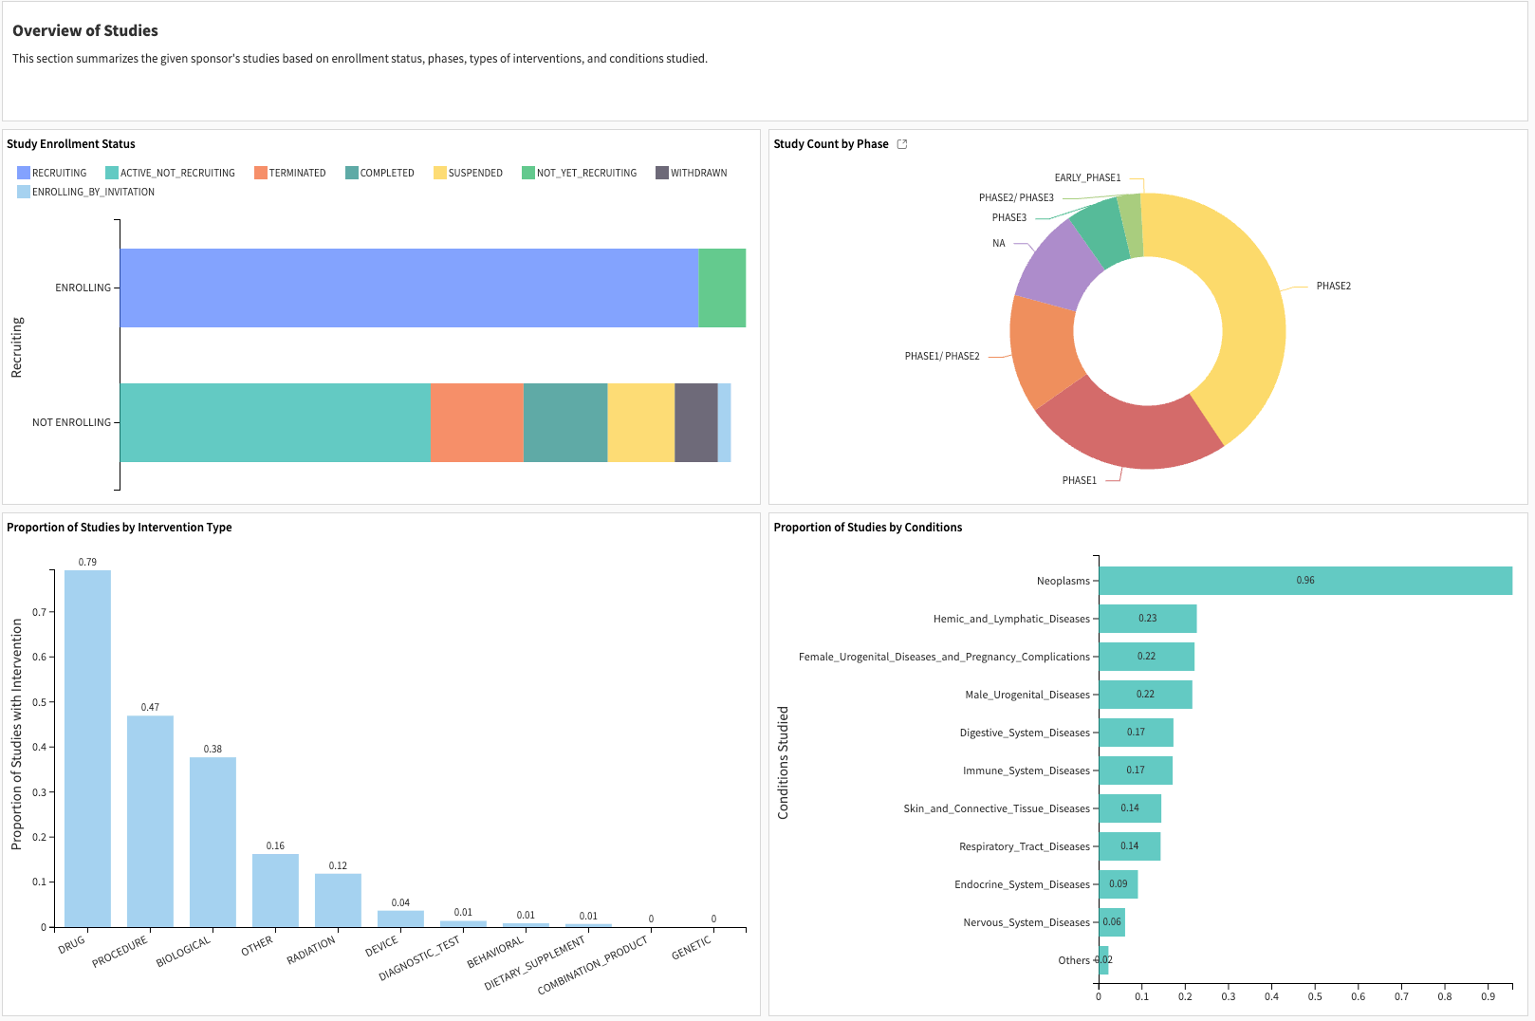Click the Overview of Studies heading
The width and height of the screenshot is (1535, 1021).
tap(85, 30)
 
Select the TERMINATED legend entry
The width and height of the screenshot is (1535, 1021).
tap(296, 173)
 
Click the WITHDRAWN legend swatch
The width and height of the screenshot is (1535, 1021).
tap(662, 173)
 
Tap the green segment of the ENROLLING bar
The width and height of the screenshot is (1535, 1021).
tap(722, 288)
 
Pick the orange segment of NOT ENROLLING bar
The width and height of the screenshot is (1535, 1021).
tap(476, 422)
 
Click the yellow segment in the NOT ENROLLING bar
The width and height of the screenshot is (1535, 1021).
tap(640, 422)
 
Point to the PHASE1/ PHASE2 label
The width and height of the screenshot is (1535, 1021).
tap(941, 357)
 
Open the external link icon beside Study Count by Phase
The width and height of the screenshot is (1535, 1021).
tap(902, 144)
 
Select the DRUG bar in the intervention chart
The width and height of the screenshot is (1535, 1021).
tap(87, 750)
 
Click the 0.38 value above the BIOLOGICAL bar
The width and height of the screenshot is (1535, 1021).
tap(213, 749)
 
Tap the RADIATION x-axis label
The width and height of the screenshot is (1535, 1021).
tap(311, 950)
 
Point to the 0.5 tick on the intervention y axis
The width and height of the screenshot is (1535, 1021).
tap(40, 702)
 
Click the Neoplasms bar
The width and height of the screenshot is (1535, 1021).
tap(1304, 581)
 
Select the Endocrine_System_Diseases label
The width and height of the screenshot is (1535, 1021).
tap(1022, 884)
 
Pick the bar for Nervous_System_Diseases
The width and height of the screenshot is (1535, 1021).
tap(1112, 922)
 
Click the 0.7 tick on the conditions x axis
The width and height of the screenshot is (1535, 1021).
tap(1401, 996)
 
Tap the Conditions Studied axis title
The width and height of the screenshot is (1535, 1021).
tap(783, 762)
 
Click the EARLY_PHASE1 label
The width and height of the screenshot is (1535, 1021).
tap(1087, 177)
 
